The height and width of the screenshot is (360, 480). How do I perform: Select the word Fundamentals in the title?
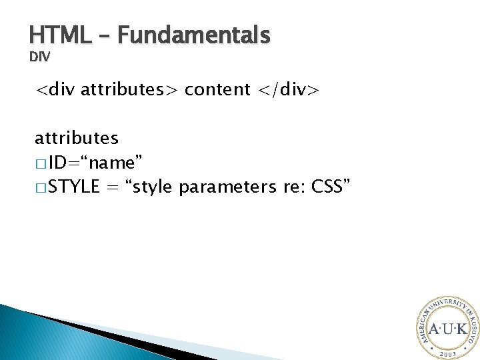pos(193,35)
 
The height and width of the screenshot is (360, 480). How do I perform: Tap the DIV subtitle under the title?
pos(39,58)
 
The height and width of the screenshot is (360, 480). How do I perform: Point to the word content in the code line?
pos(217,89)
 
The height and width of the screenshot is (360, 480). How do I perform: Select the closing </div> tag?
pos(287,89)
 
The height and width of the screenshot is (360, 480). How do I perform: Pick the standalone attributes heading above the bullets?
pos(77,138)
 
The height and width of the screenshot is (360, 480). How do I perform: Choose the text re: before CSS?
pos(290,187)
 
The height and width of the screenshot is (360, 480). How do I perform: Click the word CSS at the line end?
pos(329,187)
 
